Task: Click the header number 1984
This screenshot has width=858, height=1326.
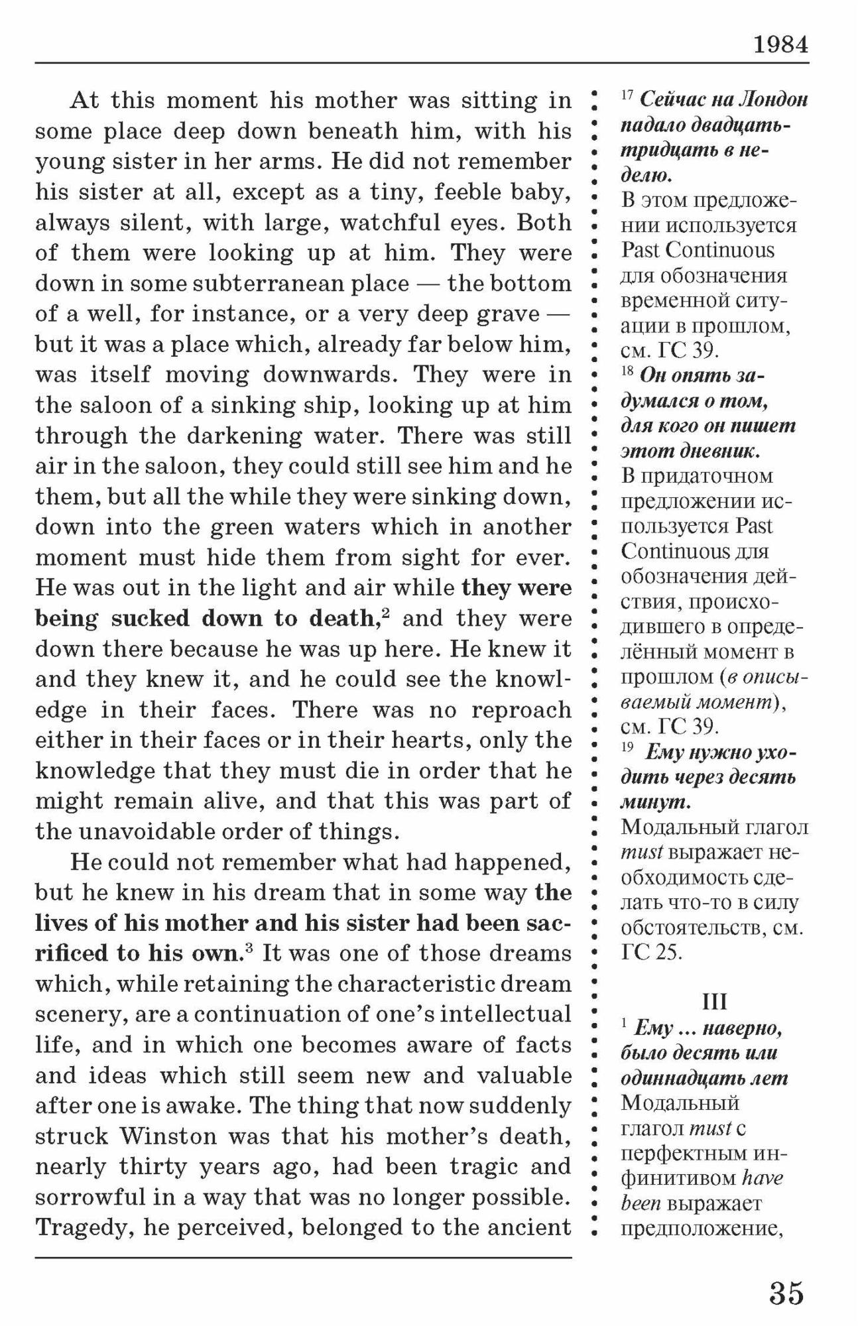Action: coord(780,44)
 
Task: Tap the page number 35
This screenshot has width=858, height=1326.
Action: coord(786,1293)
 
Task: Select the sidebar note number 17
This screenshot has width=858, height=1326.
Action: coord(627,96)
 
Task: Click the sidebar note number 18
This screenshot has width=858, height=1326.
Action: coord(627,371)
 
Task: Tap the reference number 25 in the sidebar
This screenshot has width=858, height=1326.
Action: coord(669,953)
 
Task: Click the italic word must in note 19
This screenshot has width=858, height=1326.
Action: coord(641,853)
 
